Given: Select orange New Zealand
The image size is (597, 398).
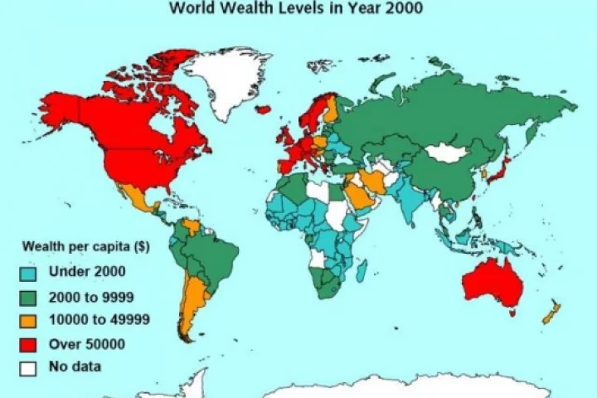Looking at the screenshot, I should (548, 314).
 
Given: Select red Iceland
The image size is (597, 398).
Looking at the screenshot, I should (264, 109).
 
